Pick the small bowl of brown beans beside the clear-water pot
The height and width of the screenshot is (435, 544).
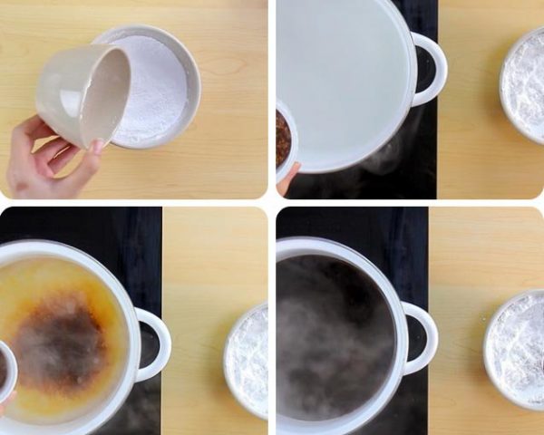point(284,140)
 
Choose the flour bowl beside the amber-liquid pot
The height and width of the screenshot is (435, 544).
point(248,362)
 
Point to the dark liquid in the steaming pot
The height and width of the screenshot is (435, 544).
point(335,335)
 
